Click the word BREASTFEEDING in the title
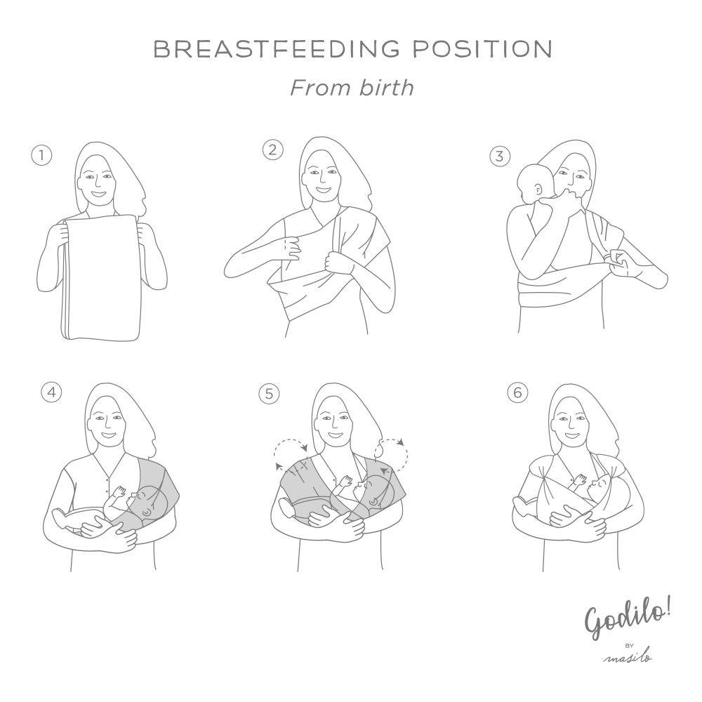point(276,49)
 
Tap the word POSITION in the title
point(482,49)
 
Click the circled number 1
point(41,155)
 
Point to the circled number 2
point(272,150)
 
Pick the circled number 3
point(500,157)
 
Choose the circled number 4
point(51,392)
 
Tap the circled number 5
point(269,394)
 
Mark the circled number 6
point(517,392)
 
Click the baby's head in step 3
point(534,183)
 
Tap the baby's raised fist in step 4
point(119,491)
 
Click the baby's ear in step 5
point(372,503)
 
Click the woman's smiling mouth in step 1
point(100,194)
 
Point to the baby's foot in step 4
point(61,518)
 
